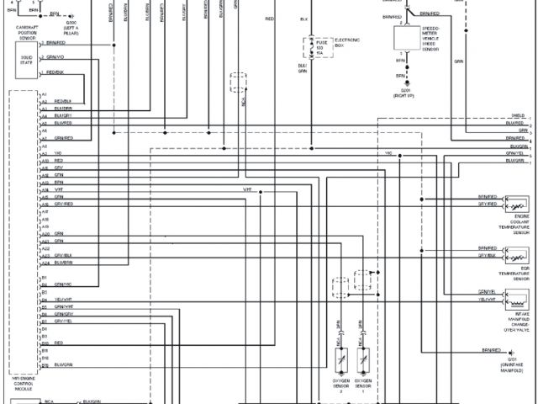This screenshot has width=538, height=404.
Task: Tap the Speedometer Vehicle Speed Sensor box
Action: (412, 40)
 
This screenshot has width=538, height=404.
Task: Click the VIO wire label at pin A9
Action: (58, 152)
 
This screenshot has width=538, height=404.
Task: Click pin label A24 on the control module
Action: (45, 262)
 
